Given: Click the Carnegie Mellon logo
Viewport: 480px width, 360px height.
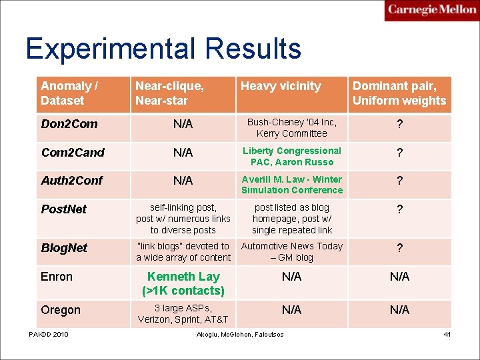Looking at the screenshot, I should pyautogui.click(x=431, y=11).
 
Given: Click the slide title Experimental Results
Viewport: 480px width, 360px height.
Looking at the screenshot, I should pyautogui.click(x=163, y=49).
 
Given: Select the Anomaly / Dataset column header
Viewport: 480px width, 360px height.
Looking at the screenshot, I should pyautogui.click(x=69, y=93).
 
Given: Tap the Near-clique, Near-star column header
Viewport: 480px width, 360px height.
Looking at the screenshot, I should pyautogui.click(x=169, y=93).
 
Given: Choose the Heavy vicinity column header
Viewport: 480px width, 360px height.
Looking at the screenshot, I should pyautogui.click(x=281, y=86).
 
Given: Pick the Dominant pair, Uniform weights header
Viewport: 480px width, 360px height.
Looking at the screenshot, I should pyautogui.click(x=399, y=93).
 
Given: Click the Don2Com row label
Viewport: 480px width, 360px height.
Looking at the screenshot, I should pyautogui.click(x=69, y=124).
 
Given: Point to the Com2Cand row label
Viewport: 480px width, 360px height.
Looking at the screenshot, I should pyautogui.click(x=73, y=153).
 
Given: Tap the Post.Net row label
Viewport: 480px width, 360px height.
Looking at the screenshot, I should pyautogui.click(x=64, y=209).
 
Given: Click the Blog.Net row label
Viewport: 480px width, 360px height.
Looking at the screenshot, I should pyautogui.click(x=64, y=248).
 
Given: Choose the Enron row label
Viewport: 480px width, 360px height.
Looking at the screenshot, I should pyautogui.click(x=57, y=277).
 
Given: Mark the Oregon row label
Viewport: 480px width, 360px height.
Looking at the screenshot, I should pyautogui.click(x=61, y=310).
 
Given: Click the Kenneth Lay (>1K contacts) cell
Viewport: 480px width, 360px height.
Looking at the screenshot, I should pyautogui.click(x=183, y=283).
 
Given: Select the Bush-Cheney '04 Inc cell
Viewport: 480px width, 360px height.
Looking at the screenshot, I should pyautogui.click(x=292, y=128).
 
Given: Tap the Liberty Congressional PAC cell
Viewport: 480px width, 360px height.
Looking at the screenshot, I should pyautogui.click(x=292, y=156).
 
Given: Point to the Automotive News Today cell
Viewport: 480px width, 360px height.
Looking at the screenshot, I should pyautogui.click(x=292, y=251).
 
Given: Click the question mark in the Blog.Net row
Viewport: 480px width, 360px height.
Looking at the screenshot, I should pyautogui.click(x=399, y=249).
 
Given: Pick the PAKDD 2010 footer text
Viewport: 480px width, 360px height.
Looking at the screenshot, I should pyautogui.click(x=48, y=334).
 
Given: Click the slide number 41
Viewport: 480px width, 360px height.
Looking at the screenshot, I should pyautogui.click(x=447, y=334).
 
